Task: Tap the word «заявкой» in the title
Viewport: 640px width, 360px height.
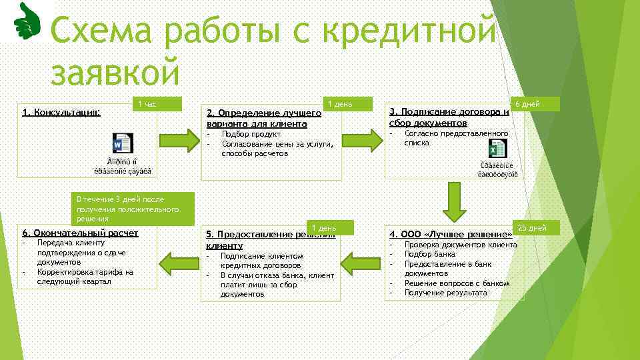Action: tap(115, 72)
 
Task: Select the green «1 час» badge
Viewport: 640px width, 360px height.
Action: tap(157, 103)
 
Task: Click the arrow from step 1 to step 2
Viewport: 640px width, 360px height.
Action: tap(179, 141)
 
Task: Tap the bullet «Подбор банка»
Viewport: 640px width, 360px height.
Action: tap(429, 254)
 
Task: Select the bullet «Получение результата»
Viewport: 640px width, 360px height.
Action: tap(445, 293)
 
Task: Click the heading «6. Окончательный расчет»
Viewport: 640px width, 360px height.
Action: tap(80, 233)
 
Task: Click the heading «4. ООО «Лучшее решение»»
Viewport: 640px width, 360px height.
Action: tap(451, 234)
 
